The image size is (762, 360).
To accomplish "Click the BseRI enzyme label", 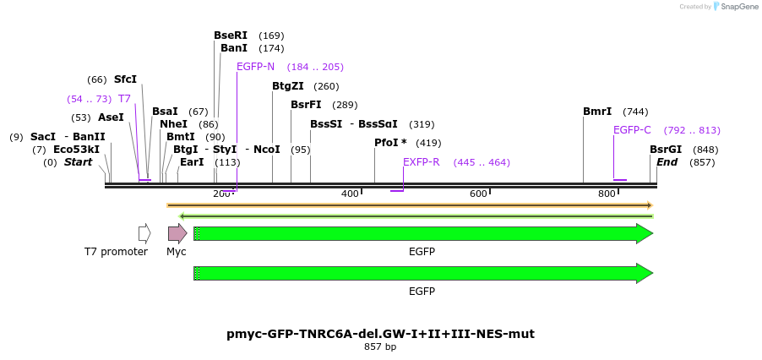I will point(231,35).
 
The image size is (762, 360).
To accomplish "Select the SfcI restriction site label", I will point(125,79).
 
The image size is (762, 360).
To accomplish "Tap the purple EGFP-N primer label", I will point(255,67).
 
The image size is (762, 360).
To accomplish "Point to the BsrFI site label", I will point(306,105).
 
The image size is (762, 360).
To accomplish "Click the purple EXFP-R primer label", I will point(421,162).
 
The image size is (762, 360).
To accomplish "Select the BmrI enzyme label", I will point(597,112).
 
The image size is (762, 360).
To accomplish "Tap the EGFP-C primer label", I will point(632,130).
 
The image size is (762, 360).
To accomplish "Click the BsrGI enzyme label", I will point(666,150).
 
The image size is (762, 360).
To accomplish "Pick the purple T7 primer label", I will point(124,99).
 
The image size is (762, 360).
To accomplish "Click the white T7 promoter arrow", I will point(144,233).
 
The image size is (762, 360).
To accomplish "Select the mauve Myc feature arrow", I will point(177,233).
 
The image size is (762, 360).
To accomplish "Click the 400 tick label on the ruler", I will point(351,194).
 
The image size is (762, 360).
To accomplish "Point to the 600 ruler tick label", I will point(479,194).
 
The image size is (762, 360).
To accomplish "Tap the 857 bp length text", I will point(380,346).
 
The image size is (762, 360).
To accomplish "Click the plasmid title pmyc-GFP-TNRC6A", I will point(380,334).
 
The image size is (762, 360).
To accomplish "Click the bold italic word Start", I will point(79,162).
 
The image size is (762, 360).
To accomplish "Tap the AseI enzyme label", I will point(111,117).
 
